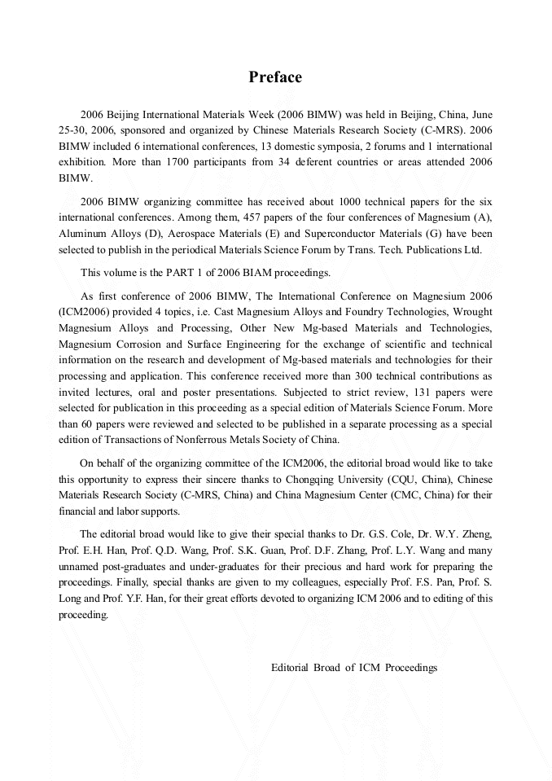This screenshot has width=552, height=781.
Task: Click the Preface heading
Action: pyautogui.click(x=275, y=77)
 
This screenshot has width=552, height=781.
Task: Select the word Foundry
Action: pyautogui.click(x=366, y=312)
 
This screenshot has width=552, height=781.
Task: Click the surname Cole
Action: pyautogui.click(x=410, y=534)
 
